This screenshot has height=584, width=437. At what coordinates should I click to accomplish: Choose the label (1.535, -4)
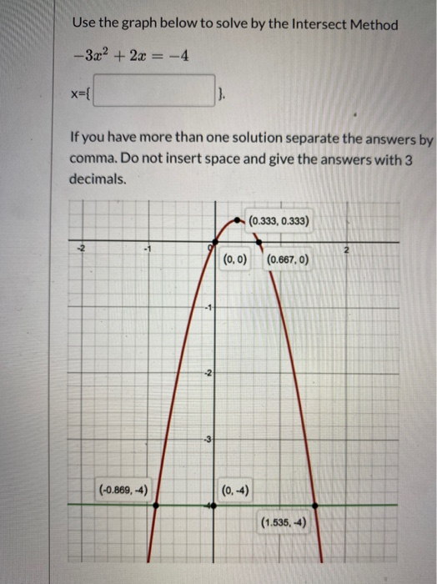(284, 523)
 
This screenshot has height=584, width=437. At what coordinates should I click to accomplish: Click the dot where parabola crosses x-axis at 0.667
(257, 243)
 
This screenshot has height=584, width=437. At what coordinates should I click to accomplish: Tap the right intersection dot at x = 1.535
(315, 505)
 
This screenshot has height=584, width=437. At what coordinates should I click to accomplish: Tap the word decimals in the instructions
(98, 179)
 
